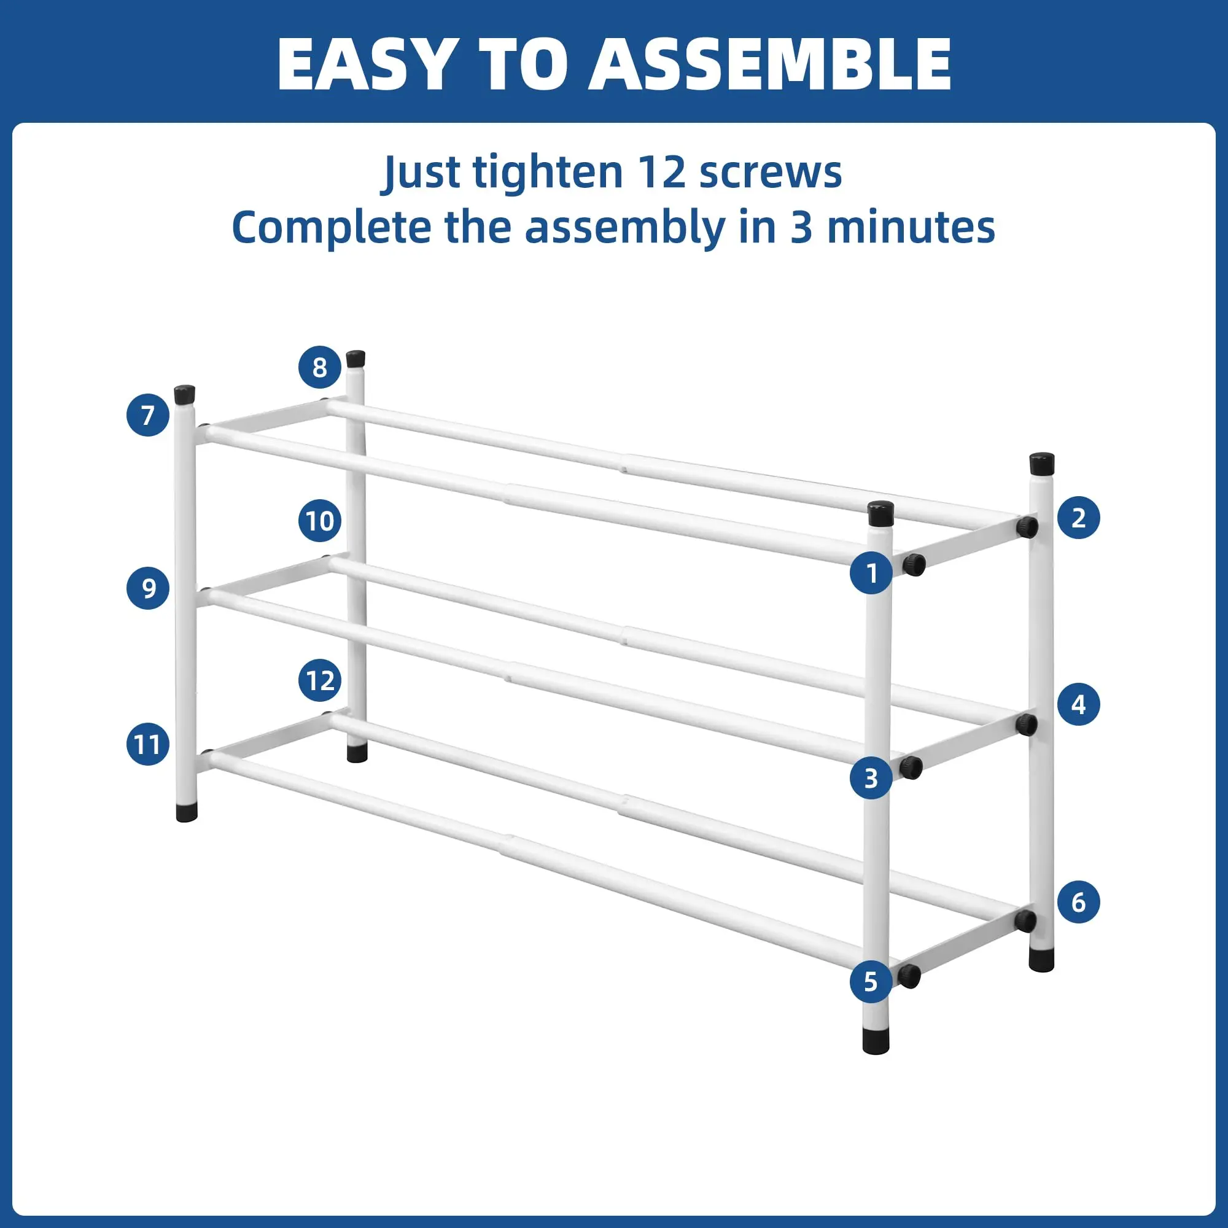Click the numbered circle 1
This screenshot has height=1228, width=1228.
pos(871,573)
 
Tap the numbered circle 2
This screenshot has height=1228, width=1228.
pos(1079,518)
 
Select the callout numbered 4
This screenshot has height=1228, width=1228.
pos(1079,704)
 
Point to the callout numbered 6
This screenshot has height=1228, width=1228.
pos(1079,902)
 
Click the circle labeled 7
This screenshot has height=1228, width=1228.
pos(148,415)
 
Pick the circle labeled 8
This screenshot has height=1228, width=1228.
pos(320,367)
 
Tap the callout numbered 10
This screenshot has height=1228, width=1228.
pos(320,521)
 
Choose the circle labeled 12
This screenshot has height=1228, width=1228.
pos(320,681)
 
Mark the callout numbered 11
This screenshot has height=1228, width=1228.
pos(148,744)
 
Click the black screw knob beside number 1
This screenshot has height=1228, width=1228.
pos(914,564)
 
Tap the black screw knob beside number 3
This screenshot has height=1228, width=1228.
pos(911,768)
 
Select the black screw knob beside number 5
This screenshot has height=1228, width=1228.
pos(909,976)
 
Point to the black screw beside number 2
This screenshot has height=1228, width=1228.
pos(1027,526)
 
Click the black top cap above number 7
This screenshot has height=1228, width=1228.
pos(184,395)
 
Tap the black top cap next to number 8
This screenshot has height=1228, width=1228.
pos(356,359)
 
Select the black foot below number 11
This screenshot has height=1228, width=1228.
pos(186,813)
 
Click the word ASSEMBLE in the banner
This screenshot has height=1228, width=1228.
pos(770,64)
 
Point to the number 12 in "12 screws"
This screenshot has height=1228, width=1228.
pos(661,173)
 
